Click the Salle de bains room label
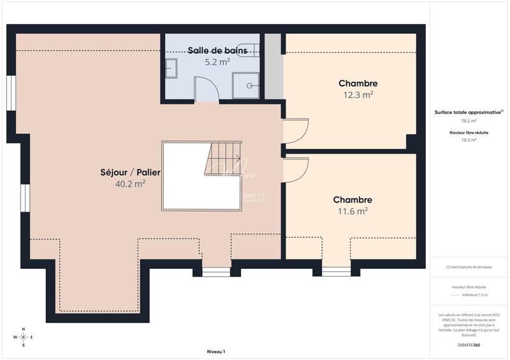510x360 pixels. pos(214,50)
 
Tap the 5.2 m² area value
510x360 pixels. pos(217,62)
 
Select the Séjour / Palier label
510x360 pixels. pos(131,172)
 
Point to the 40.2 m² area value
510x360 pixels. pos(130,184)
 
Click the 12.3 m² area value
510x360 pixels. pos(358,94)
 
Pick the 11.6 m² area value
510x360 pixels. pos(353,211)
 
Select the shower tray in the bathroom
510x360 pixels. pos(245,85)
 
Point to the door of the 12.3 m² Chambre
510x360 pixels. pos(296,131)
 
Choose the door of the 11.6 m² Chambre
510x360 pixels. pos(296,170)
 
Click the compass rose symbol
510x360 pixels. pos(24,337)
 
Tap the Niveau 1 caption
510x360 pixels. pos(216,352)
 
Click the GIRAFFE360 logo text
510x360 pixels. pos(469,345)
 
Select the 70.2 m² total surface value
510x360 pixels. pos(469,120)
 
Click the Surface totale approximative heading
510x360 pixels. pos(469,112)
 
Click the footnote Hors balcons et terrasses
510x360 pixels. pos(469,267)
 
